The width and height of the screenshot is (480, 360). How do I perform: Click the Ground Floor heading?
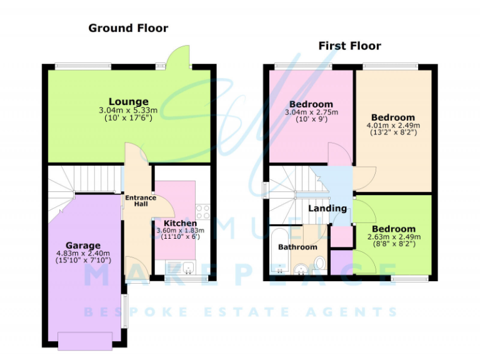pos(128,28)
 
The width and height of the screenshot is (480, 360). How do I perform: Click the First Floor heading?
pos(349,46)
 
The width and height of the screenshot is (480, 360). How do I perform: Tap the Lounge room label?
pos(129,102)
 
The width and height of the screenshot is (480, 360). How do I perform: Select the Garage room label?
pos(83,245)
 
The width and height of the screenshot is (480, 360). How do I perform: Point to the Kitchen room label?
pos(180,223)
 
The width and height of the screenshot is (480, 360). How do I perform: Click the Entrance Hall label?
pos(140,201)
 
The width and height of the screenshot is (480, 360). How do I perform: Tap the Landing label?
pos(328,208)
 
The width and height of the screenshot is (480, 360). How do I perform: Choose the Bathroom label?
pos(297,247)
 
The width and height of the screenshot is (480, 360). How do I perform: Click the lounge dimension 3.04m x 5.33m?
pos(129,111)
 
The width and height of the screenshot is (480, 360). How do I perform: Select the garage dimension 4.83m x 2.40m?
pos(83,253)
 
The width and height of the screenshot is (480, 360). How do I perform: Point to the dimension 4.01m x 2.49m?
pos(393,125)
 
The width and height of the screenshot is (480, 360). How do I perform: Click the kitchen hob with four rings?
pos(202,211)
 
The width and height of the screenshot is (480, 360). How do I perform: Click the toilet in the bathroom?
pos(319,264)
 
